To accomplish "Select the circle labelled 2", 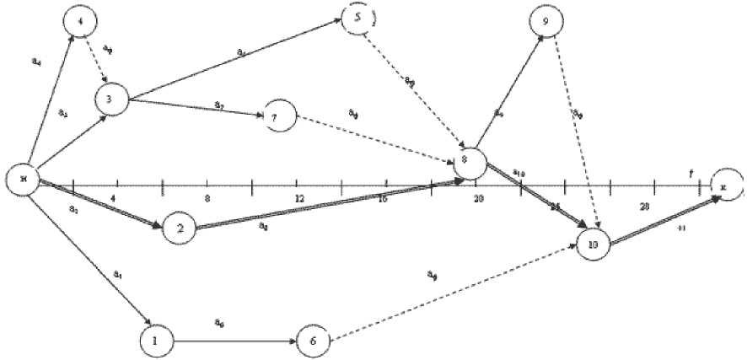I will (179, 227).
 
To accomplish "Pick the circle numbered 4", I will (79, 22).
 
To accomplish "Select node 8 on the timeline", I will (470, 163).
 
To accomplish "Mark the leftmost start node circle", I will (23, 180).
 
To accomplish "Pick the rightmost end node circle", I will (727, 183).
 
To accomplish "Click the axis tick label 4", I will (113, 198).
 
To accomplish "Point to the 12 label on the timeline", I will (298, 198).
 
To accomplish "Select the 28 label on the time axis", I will (645, 207).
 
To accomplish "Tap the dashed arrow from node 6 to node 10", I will (455, 292).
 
